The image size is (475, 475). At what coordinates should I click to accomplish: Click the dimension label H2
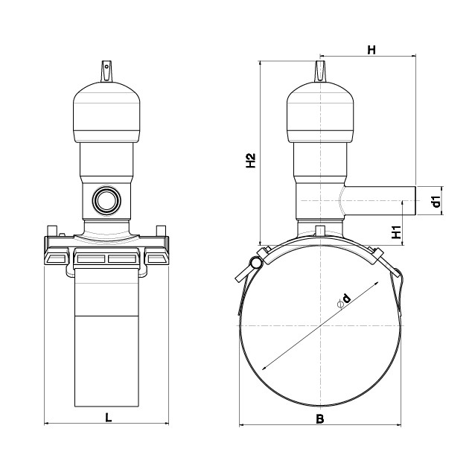[251, 161]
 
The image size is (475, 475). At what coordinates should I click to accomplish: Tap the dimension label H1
[396, 232]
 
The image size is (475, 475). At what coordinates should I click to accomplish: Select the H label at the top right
[372, 50]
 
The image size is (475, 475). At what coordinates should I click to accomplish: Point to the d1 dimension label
[436, 202]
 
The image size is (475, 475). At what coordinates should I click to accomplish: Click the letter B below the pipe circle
[320, 419]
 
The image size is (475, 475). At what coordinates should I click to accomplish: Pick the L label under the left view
[109, 418]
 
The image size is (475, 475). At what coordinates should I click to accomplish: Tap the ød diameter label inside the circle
[344, 300]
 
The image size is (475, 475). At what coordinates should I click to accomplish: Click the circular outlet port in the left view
[106, 200]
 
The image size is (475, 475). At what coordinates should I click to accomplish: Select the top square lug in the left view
[106, 71]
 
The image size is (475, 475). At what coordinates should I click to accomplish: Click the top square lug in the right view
[320, 71]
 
